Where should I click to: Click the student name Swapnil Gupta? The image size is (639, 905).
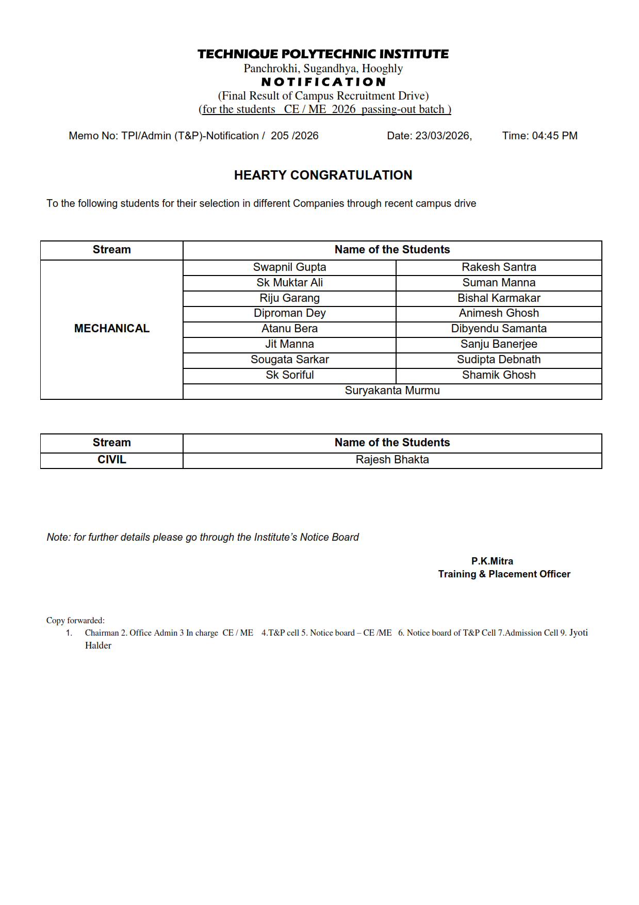pyautogui.click(x=289, y=267)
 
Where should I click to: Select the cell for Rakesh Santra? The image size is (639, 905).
pyautogui.click(x=499, y=267)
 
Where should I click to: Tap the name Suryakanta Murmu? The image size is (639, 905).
pyautogui.click(x=392, y=391)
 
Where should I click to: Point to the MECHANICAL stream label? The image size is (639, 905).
pyautogui.click(x=112, y=329)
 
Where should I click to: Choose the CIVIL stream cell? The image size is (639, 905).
pyautogui.click(x=112, y=460)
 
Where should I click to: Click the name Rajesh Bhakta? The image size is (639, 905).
pyautogui.click(x=392, y=460)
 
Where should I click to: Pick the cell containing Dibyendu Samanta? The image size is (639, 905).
pyautogui.click(x=499, y=329)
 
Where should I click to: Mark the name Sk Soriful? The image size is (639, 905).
pyautogui.click(x=289, y=375)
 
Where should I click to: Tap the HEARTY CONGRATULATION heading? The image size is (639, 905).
pyautogui.click(x=323, y=175)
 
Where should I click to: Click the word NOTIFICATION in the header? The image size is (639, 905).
pyautogui.click(x=323, y=82)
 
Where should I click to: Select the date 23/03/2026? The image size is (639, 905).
pyautogui.click(x=443, y=136)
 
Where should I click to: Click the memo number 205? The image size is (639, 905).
pyautogui.click(x=280, y=136)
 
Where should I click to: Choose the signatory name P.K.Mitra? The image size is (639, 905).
pyautogui.click(x=492, y=561)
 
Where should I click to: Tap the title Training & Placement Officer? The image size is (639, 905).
pyautogui.click(x=504, y=574)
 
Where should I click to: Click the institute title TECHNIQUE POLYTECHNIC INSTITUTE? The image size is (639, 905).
pyautogui.click(x=323, y=54)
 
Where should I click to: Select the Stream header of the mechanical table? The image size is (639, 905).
pyautogui.click(x=112, y=250)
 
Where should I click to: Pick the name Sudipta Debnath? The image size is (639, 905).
pyautogui.click(x=499, y=360)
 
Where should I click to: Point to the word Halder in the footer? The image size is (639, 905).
pyautogui.click(x=98, y=645)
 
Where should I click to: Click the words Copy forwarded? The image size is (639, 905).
pyautogui.click(x=75, y=621)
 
